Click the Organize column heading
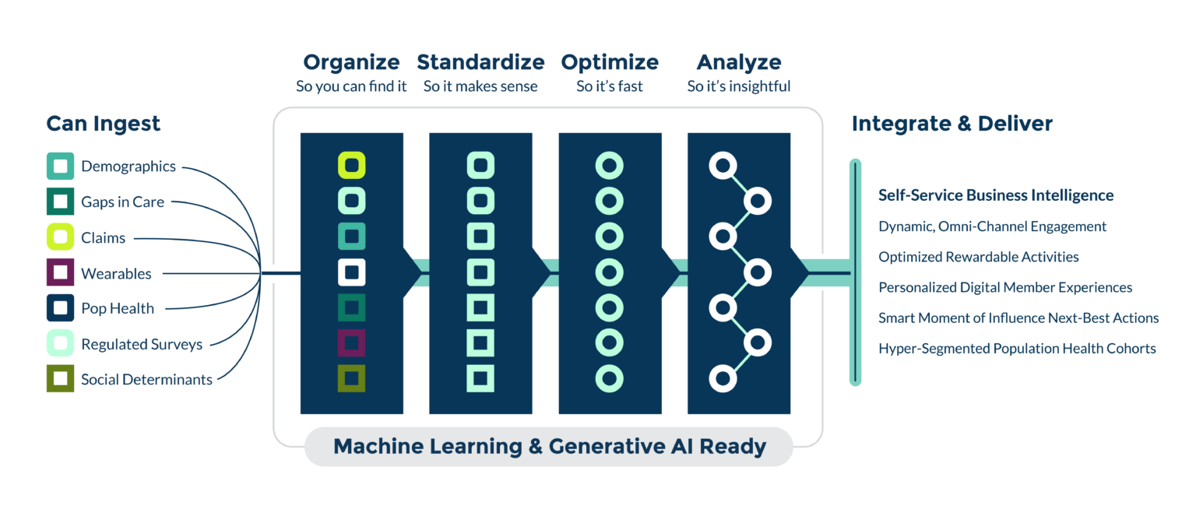coord(351,62)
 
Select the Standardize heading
coord(480,62)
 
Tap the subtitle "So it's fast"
coord(610,86)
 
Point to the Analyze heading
coord(738,62)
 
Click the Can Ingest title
coord(103,124)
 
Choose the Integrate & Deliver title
coord(952,124)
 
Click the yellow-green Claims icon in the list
coord(60,237)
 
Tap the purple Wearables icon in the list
coord(60,273)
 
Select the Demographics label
coord(128,167)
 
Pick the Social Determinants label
coord(146,380)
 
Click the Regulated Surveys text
coord(142,344)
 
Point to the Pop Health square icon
coord(60,308)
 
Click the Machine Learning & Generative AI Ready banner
coord(549,447)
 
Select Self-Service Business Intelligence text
coord(996,195)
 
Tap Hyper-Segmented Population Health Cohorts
coord(1017,349)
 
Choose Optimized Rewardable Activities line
coord(979,257)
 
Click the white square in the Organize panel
coord(352,272)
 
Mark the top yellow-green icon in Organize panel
coord(352,165)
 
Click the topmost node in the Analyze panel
coord(723,165)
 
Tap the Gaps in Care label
coord(122,202)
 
